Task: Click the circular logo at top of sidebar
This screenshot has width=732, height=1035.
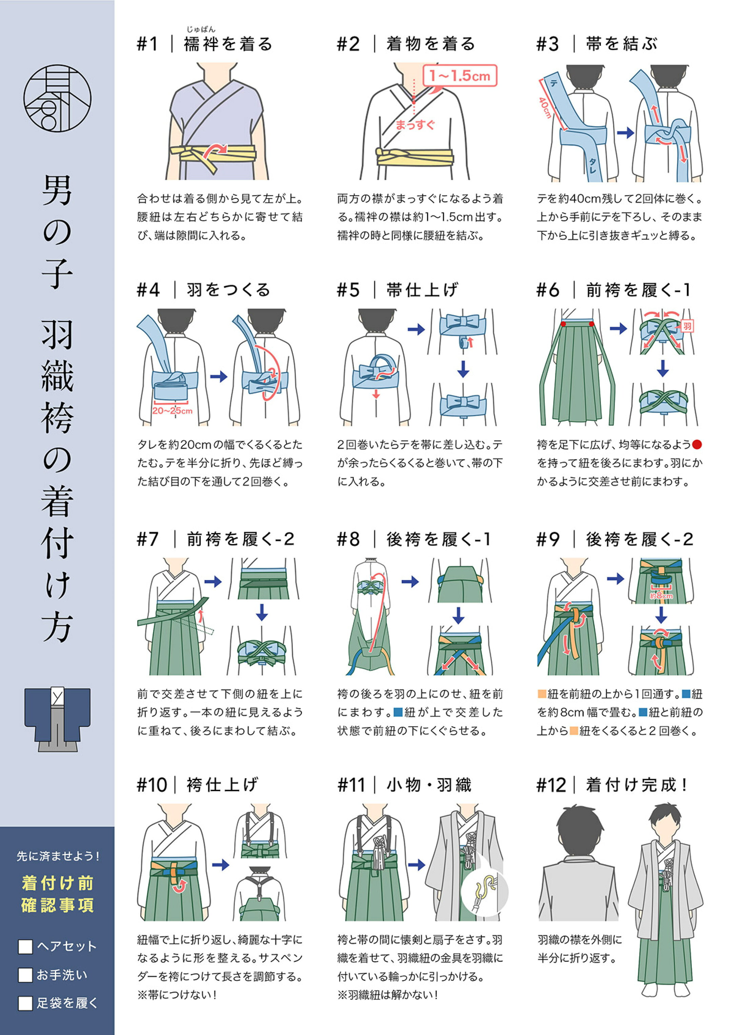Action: point(57,98)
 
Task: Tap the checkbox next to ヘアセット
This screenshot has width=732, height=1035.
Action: point(25,947)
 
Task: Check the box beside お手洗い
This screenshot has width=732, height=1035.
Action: point(25,975)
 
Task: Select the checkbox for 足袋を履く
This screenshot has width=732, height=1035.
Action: point(25,1003)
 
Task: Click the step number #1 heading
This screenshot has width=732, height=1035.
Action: point(147,44)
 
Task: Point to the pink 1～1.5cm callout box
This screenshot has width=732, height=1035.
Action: point(460,76)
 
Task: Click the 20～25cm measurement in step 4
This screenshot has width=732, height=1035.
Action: point(172,411)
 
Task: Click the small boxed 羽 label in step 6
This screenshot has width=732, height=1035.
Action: point(687,326)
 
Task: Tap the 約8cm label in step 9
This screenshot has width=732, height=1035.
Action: point(661,596)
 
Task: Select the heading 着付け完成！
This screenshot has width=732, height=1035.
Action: point(637,785)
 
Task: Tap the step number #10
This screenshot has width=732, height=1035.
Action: point(152,785)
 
